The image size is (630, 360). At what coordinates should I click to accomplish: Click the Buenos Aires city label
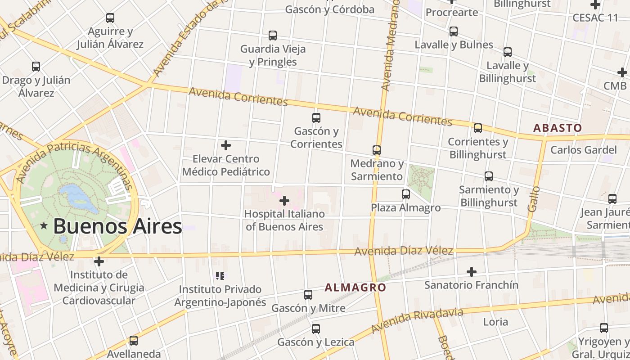click(117, 226)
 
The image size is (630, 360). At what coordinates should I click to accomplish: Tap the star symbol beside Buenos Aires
click(44, 226)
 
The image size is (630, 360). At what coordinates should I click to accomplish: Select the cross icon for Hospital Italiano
click(284, 201)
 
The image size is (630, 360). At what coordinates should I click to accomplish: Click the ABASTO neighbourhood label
click(558, 128)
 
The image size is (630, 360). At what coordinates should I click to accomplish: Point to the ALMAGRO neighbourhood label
click(355, 287)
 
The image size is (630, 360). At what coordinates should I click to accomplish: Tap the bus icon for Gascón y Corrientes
click(316, 118)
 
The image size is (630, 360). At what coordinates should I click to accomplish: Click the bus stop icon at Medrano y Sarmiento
click(377, 150)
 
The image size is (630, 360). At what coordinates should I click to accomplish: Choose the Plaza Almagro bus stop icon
click(406, 194)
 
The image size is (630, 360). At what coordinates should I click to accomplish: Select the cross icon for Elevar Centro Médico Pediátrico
click(226, 145)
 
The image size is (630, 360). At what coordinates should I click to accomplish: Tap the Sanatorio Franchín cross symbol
click(472, 272)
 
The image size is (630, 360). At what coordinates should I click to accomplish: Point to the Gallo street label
click(534, 199)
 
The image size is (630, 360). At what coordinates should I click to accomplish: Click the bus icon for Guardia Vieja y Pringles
click(273, 36)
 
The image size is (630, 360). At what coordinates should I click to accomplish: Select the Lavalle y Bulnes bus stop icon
click(454, 31)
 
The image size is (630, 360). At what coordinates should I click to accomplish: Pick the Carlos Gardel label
click(583, 150)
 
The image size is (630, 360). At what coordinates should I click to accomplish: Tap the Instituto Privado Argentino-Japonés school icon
click(220, 276)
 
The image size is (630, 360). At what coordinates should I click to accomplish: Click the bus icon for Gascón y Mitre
click(308, 295)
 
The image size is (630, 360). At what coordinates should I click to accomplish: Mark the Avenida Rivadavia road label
click(418, 320)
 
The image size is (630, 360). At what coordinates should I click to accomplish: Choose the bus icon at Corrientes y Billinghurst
click(478, 128)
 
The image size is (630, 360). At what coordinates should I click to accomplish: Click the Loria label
click(495, 322)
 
